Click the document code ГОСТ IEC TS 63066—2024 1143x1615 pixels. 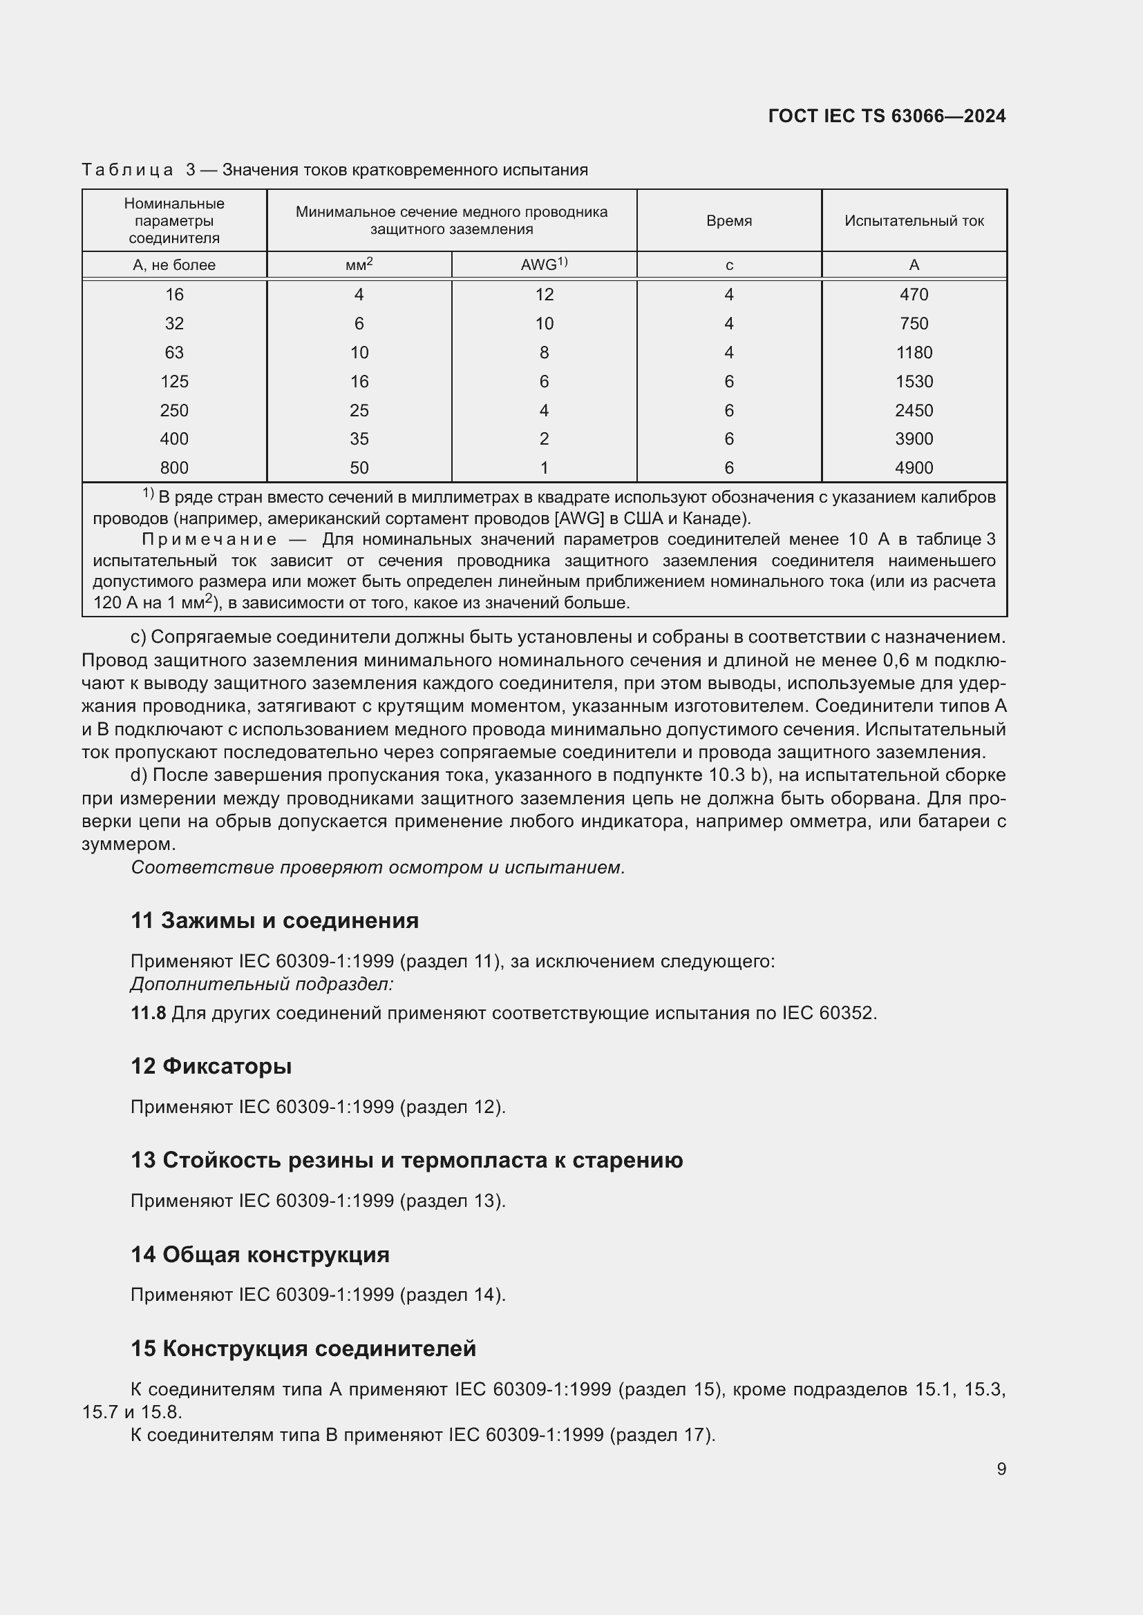click(x=887, y=116)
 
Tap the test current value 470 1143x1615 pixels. click(x=914, y=295)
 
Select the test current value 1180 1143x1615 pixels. click(x=914, y=352)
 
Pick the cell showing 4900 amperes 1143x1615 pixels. click(x=914, y=467)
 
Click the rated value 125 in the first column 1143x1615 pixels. click(x=174, y=381)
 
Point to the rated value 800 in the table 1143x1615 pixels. click(x=174, y=467)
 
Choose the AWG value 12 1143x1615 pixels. click(x=544, y=295)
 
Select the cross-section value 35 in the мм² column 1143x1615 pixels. click(x=359, y=439)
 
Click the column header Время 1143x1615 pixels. click(x=728, y=221)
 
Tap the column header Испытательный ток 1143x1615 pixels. click(x=914, y=221)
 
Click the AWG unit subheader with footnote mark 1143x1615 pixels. click(x=544, y=264)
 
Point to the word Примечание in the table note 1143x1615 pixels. click(x=210, y=539)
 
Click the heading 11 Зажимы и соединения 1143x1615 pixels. click(x=274, y=921)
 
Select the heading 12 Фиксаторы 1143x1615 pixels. click(x=211, y=1066)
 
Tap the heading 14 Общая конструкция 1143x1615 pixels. click(x=260, y=1255)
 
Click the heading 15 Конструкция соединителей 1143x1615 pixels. click(x=303, y=1348)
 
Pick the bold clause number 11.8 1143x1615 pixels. click(x=148, y=1013)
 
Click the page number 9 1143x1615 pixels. click(x=1001, y=1469)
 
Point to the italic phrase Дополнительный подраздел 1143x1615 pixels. click(x=262, y=984)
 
